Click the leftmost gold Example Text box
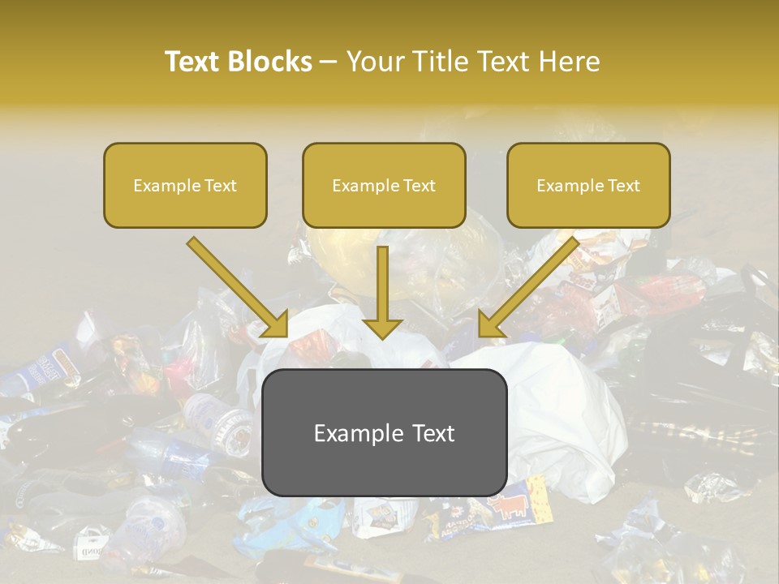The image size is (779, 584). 185,185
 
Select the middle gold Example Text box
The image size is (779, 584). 384,185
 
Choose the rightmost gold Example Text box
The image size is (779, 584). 588,185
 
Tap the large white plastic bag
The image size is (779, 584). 560,414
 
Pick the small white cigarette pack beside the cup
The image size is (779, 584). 92,540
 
